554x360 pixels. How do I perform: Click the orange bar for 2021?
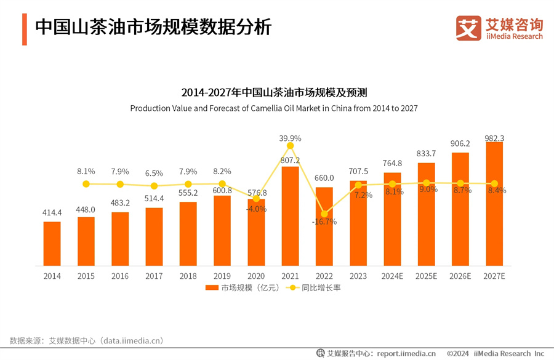point(290,215)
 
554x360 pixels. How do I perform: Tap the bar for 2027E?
point(494,204)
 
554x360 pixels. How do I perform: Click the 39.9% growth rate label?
point(290,138)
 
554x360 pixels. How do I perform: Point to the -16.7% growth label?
point(324,222)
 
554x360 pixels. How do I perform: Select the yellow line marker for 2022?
point(324,214)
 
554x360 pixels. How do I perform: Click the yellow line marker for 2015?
point(86,184)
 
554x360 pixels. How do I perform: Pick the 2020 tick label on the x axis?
point(256,276)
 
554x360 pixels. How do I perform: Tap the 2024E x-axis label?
point(392,276)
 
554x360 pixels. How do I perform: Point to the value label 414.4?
point(52,212)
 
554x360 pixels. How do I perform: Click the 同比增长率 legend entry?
point(314,288)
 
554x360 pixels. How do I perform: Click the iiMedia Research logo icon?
point(468,28)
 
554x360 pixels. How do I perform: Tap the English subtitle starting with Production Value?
point(274,108)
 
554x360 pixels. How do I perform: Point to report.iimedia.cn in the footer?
point(406,353)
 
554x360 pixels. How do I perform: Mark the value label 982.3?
point(494,138)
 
